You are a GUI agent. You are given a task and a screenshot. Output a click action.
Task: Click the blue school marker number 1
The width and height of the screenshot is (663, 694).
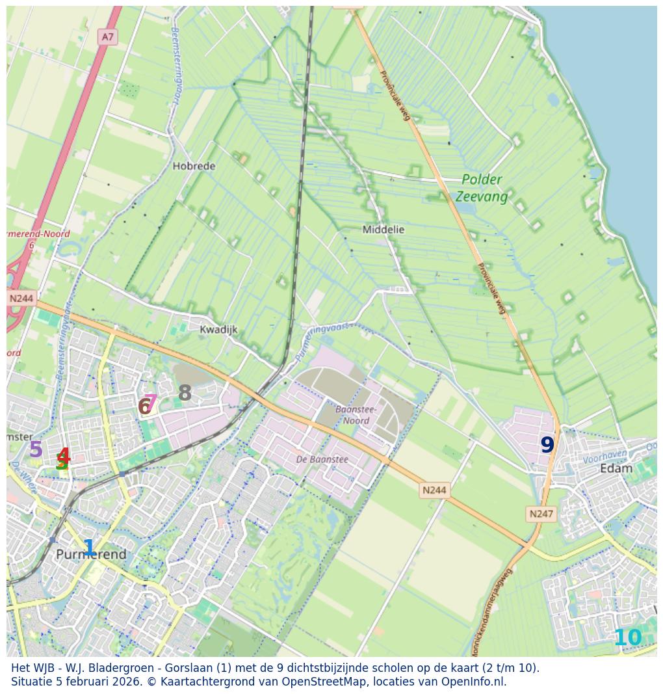point(89,548)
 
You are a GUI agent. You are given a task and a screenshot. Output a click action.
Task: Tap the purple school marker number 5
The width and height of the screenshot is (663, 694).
point(36,449)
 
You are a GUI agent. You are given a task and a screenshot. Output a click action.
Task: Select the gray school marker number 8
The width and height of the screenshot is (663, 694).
point(185,393)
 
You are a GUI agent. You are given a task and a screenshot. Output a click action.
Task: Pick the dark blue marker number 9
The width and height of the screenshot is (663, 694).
point(547,445)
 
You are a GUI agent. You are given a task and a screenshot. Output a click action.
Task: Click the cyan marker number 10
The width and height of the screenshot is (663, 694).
point(627,638)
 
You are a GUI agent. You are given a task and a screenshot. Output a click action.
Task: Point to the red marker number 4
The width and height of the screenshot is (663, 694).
point(64,456)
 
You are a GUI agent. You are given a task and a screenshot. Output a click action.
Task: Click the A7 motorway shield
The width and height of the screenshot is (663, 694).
point(107,37)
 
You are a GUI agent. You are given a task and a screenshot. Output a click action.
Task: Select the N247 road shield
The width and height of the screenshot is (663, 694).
point(541,514)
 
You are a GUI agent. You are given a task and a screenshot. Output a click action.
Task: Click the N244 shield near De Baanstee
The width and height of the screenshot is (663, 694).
point(434,490)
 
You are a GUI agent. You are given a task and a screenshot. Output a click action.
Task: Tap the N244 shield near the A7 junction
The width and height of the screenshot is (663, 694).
point(21,299)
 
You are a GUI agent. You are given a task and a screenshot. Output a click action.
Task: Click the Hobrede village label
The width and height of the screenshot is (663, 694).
point(194,166)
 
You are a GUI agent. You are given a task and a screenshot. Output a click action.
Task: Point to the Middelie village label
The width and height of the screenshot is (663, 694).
point(383,230)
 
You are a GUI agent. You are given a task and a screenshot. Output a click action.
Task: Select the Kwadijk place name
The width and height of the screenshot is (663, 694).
point(218,330)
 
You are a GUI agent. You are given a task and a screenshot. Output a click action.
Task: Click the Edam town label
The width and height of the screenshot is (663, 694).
point(616,468)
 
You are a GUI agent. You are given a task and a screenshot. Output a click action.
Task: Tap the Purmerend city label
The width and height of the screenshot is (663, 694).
point(91,555)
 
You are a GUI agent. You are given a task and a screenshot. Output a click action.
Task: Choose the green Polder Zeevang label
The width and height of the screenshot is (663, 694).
point(482,187)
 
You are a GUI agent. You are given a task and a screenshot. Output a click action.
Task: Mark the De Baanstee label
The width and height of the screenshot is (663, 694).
point(322,459)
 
